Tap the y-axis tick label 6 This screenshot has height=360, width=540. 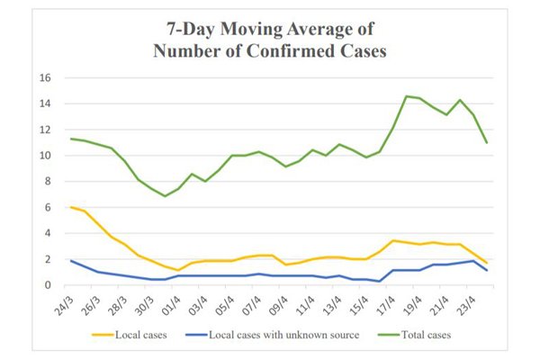click(54, 208)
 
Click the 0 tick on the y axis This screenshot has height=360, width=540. click(54, 285)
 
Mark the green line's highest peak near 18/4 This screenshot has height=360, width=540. click(407, 96)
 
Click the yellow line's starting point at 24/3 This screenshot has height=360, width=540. click(71, 207)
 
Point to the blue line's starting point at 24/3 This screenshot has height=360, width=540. click(71, 261)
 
